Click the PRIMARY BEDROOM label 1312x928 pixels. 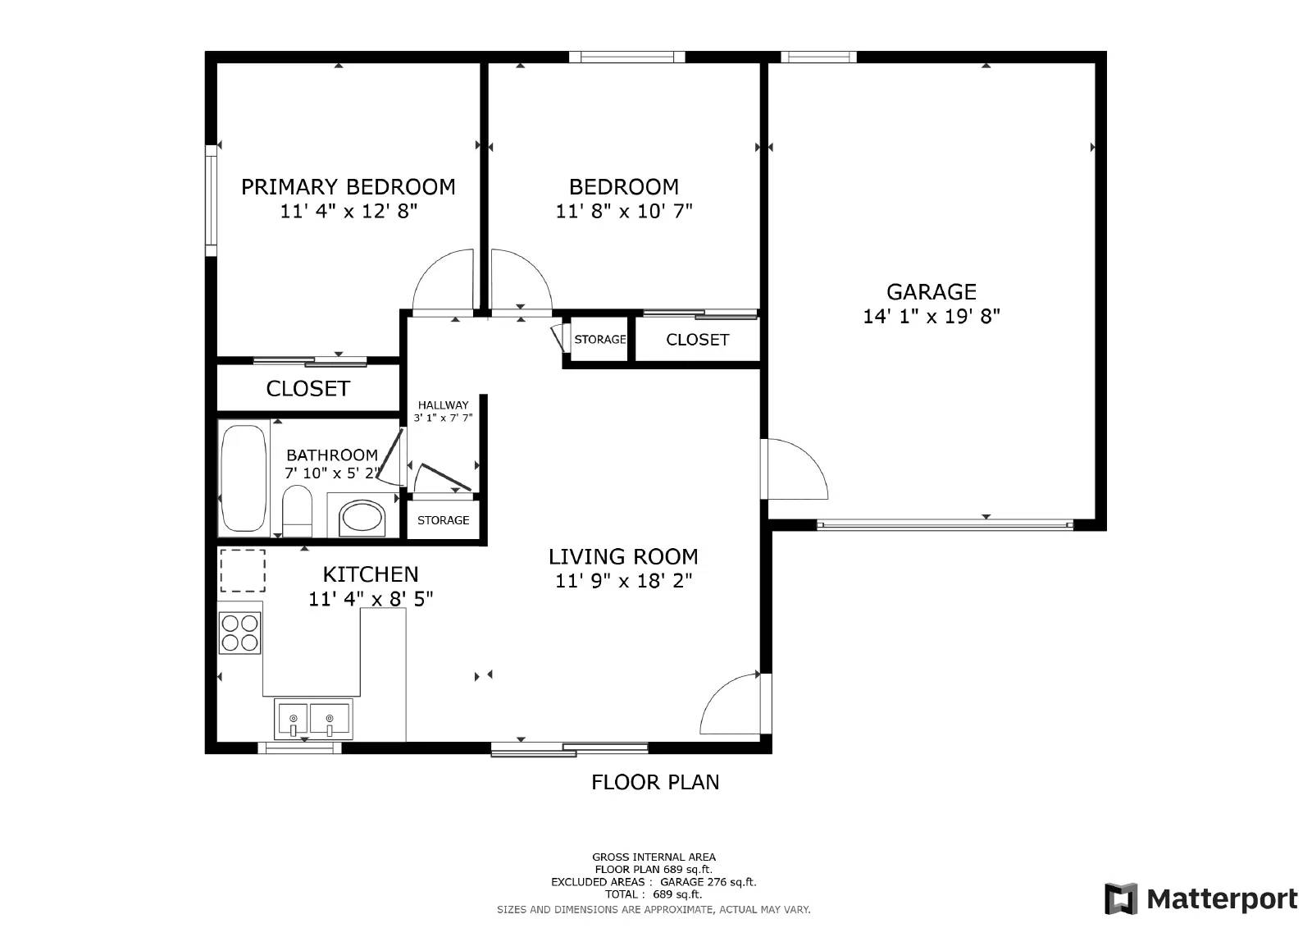[348, 187]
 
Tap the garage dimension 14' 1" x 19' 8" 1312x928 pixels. [931, 317]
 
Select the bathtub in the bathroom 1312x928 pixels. [244, 478]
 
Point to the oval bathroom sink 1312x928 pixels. [362, 518]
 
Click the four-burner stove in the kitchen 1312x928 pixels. [240, 633]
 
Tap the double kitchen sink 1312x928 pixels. [312, 720]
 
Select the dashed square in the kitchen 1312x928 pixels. [243, 571]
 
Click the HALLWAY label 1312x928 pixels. [443, 405]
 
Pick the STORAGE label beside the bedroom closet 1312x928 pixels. [599, 340]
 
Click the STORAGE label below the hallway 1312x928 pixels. [443, 520]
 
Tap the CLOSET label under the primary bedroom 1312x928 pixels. [307, 389]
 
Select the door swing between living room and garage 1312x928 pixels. [795, 470]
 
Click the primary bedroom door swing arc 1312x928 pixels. [442, 282]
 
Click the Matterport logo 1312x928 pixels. [1200, 898]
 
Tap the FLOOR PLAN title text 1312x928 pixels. [655, 782]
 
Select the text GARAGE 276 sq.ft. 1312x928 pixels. [708, 882]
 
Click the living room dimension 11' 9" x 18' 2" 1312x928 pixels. [623, 582]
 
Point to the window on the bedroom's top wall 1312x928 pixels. [626, 57]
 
